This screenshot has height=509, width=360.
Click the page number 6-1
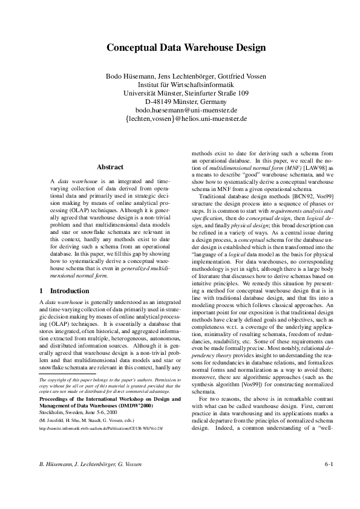(329, 481)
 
